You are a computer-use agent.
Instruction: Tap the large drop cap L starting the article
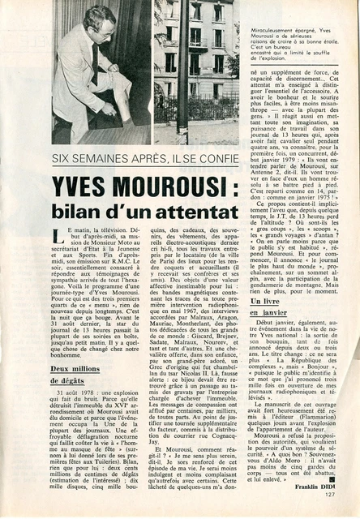[x=58, y=237]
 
